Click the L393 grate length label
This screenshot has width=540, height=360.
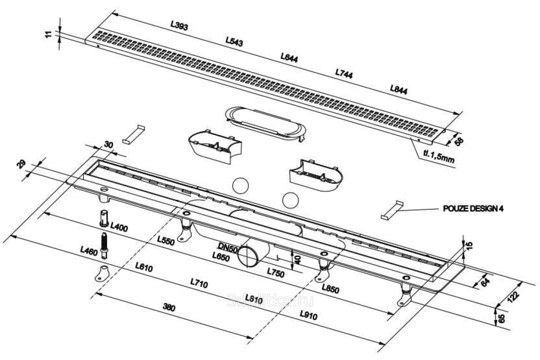click(x=179, y=26)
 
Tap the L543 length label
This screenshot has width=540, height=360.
click(x=234, y=42)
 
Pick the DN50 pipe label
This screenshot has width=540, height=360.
click(x=227, y=247)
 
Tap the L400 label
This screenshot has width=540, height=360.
click(x=119, y=227)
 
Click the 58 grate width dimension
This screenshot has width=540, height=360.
click(x=459, y=141)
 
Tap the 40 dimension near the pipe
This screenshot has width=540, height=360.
click(x=297, y=259)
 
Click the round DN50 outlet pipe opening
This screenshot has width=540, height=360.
click(x=247, y=256)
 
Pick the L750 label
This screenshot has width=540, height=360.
click(x=275, y=272)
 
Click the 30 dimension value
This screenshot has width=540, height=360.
click(x=108, y=144)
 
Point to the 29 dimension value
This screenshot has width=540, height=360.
click(x=21, y=164)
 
